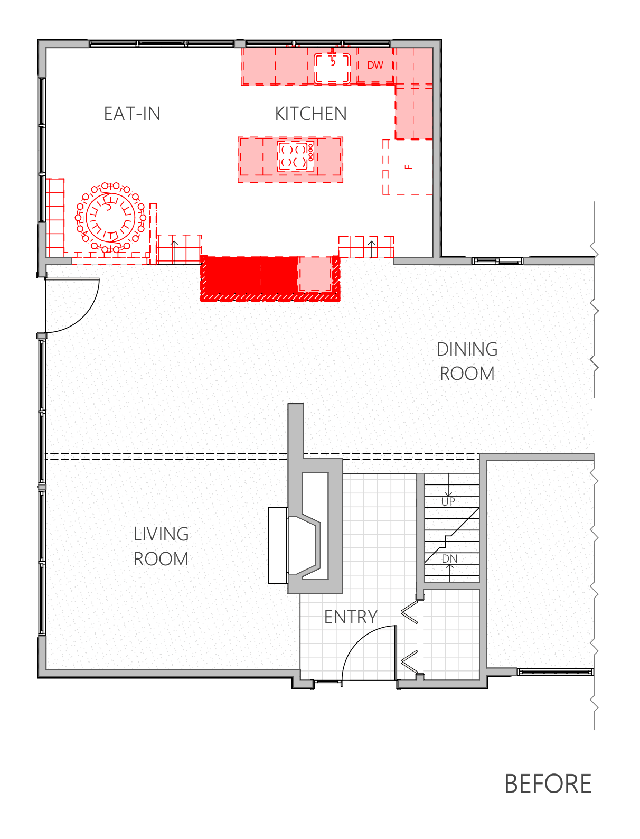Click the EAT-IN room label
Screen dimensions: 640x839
(x=132, y=114)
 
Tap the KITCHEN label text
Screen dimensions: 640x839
(x=310, y=114)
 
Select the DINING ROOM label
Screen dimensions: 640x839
(x=467, y=361)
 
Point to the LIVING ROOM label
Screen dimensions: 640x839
(x=161, y=546)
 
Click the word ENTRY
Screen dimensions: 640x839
(x=351, y=617)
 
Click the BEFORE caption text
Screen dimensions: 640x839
(x=548, y=784)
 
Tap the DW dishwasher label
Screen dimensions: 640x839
(x=375, y=66)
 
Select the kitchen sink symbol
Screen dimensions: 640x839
(x=332, y=68)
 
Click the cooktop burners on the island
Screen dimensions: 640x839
(x=295, y=156)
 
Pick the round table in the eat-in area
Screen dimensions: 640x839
(x=110, y=218)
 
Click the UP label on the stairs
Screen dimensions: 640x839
(x=448, y=502)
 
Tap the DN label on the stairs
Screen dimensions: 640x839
(x=449, y=559)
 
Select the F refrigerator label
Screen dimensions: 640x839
(x=409, y=167)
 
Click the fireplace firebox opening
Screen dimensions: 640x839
(x=304, y=546)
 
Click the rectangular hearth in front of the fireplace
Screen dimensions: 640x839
(x=278, y=545)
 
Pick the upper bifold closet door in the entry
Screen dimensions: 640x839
(x=410, y=612)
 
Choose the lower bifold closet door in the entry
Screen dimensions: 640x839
(x=410, y=661)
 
